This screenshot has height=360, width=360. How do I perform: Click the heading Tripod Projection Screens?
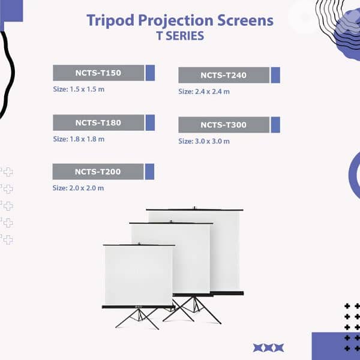[180, 20]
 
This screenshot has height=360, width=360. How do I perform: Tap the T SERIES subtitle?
[180, 36]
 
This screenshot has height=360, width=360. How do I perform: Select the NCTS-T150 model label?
[98, 73]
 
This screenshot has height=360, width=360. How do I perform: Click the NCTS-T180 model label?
[98, 122]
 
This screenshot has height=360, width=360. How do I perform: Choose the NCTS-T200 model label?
[98, 172]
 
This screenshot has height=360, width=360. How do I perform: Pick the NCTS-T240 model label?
[224, 75]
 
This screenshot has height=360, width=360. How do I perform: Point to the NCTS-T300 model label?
[224, 125]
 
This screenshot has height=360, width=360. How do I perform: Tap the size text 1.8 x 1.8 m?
[79, 139]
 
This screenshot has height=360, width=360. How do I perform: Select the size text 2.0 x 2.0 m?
[78, 188]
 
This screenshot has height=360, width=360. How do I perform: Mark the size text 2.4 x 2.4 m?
[204, 92]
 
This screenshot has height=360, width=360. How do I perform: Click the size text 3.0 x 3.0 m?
[204, 141]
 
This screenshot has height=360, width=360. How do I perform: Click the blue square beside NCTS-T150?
[150, 73]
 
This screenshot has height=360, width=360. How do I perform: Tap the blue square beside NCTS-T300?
[275, 125]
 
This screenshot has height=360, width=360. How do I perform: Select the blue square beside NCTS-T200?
[149, 172]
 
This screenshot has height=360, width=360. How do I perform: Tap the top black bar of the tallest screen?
[195, 209]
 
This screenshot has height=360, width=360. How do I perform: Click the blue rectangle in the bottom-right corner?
[336, 346]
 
